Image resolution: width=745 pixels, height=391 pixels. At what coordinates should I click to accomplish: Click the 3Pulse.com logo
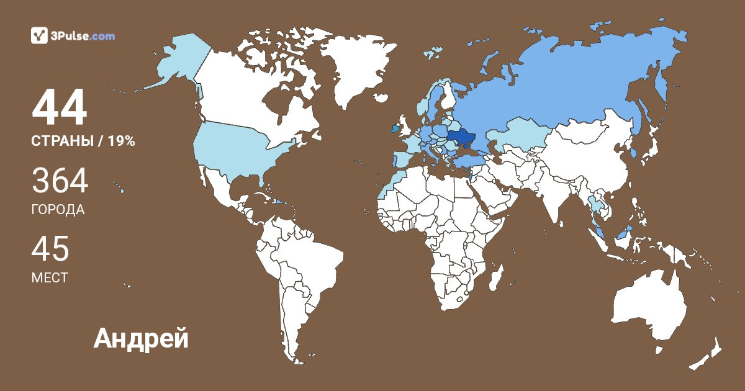[x=73, y=36]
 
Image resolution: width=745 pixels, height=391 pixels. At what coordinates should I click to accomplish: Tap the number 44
[x=60, y=108]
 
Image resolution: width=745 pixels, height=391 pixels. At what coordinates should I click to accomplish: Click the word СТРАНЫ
[x=61, y=141]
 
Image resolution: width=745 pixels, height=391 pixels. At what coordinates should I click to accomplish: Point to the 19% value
[x=121, y=141]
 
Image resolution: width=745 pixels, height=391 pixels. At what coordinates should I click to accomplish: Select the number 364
[x=60, y=182]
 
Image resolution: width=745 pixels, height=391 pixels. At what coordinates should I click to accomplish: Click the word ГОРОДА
[x=58, y=210]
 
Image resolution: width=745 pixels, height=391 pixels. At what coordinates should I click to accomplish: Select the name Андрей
[x=141, y=338]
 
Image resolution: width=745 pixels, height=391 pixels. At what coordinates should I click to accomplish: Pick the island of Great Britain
[x=403, y=127]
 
